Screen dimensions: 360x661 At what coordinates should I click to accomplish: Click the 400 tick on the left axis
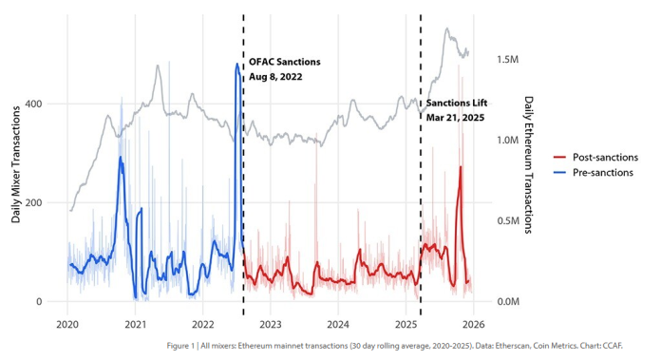[x=44, y=104]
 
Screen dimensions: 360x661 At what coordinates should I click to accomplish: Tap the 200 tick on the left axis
[x=44, y=203]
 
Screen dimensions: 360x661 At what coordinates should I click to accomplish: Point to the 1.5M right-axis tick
[x=507, y=59]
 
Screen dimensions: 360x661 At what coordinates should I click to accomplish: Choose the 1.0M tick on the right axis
[x=507, y=140]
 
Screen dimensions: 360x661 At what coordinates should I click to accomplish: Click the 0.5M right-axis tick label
[x=507, y=221]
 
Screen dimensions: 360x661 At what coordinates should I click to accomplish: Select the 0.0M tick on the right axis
[x=507, y=302]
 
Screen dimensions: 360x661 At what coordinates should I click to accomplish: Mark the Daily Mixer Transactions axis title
[x=17, y=166]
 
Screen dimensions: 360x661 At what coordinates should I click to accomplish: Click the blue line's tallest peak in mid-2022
[x=237, y=65]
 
